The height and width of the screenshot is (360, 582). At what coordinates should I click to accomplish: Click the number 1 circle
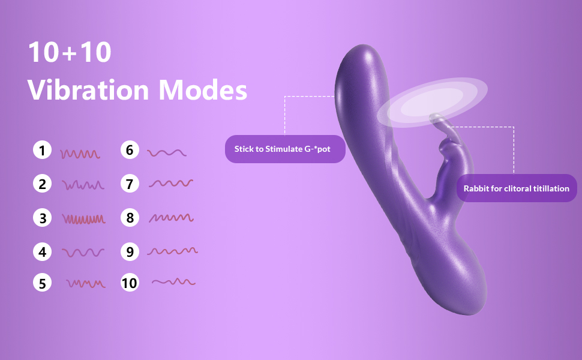(x=41, y=150)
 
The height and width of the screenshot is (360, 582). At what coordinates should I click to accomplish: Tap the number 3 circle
(x=41, y=217)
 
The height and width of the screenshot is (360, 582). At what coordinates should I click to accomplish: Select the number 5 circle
(x=41, y=282)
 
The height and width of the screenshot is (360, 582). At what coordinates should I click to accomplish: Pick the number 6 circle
(x=130, y=150)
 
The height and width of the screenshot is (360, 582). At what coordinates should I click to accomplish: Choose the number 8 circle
(x=130, y=217)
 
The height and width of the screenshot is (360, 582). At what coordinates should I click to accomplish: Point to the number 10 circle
(x=130, y=282)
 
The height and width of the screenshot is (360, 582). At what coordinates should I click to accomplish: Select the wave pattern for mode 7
(x=170, y=183)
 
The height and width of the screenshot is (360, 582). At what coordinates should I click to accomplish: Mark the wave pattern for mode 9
(x=172, y=251)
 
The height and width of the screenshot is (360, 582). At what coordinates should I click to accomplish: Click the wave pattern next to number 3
(x=83, y=219)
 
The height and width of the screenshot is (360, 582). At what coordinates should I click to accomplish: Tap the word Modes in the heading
(x=203, y=90)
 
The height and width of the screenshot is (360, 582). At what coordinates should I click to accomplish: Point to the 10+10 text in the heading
(x=70, y=53)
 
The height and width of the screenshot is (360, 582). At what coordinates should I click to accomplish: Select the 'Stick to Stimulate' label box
(x=285, y=149)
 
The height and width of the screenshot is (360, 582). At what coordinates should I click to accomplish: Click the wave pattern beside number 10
(x=173, y=281)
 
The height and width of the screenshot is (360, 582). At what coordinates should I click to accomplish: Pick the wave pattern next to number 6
(x=166, y=153)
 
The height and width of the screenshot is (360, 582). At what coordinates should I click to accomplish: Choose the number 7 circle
(x=130, y=184)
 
